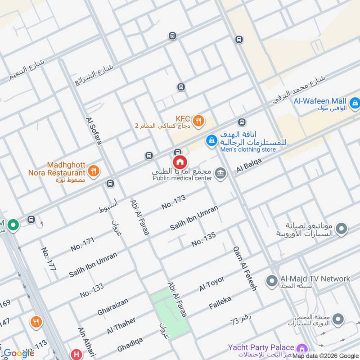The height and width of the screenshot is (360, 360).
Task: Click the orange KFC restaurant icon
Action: [x=198, y=121]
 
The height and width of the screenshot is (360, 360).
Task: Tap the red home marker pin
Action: [x=180, y=162]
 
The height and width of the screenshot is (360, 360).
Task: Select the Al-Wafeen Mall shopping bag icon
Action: [x=355, y=103]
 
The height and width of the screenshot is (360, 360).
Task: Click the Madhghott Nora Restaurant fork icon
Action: [x=94, y=171]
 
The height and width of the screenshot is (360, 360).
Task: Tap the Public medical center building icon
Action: [x=220, y=173]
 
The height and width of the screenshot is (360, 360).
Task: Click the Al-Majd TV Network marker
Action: [x=271, y=281]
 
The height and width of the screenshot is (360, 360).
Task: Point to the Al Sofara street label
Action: [x=94, y=131]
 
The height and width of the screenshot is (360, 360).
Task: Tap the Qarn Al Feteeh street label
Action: [x=244, y=269]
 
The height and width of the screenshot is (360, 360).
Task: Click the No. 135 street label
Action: [x=203, y=239]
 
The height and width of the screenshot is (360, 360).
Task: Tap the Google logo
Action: [x=18, y=353]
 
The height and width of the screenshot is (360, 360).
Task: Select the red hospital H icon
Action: [x=75, y=355]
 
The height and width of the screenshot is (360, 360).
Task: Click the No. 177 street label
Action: [x=49, y=259]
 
